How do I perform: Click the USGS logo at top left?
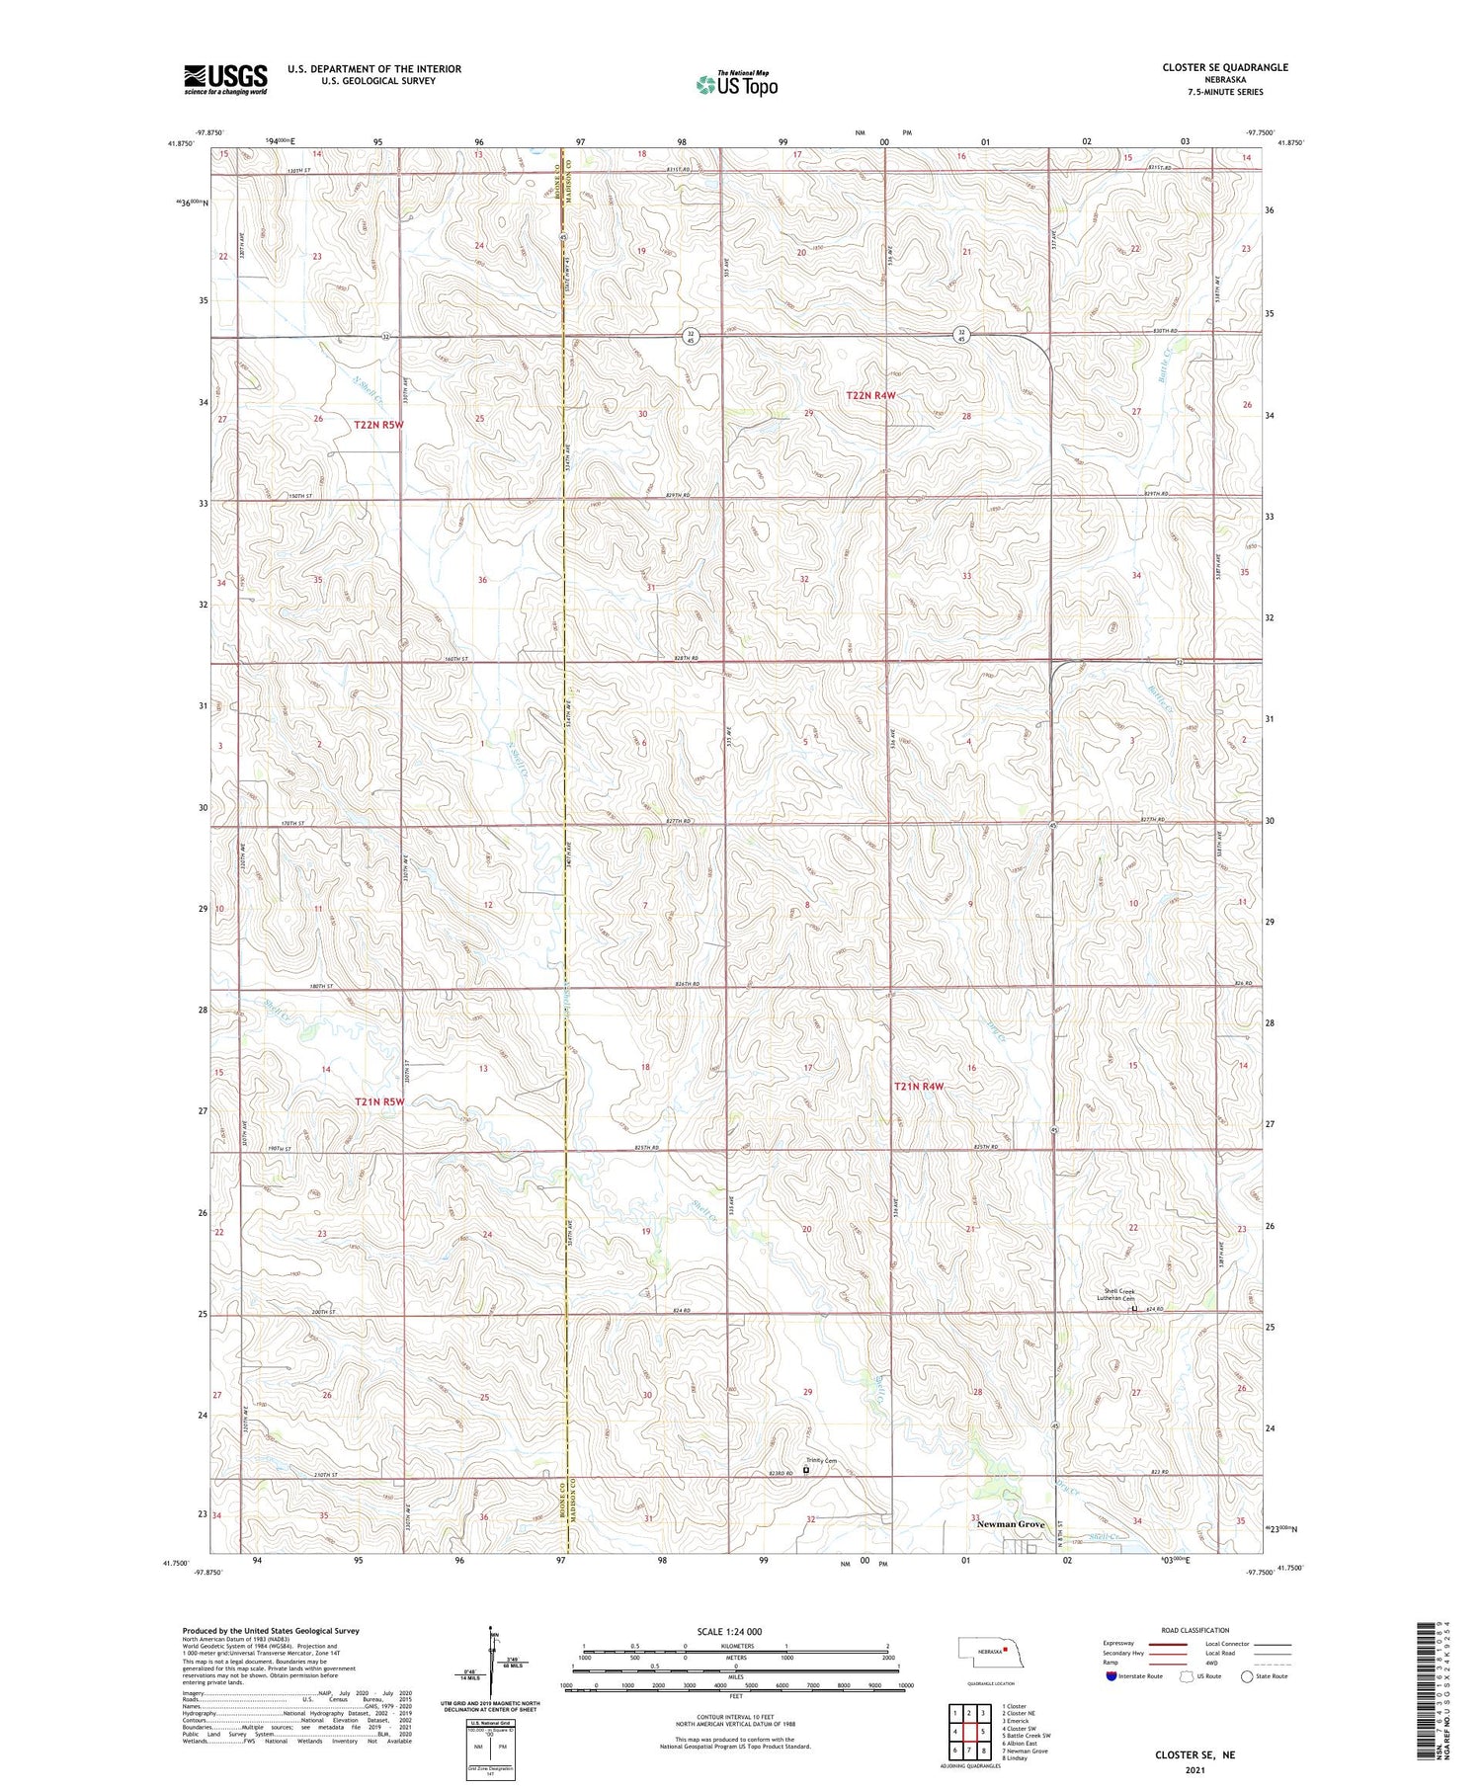pos(225,79)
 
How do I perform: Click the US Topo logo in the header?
pos(737,85)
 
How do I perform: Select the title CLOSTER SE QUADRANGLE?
pos(1225,67)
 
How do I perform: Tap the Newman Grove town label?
pos(1010,1524)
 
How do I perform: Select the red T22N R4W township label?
pos(871,395)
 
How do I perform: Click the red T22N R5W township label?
pos(379,425)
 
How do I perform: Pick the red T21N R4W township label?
pos(919,1087)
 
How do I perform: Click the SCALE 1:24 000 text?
pos(736,1631)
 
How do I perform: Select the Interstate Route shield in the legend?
pos(1111,1676)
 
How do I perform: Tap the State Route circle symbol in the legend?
pos(1247,1676)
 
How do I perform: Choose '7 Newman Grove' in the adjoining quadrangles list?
pos(1025,1750)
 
